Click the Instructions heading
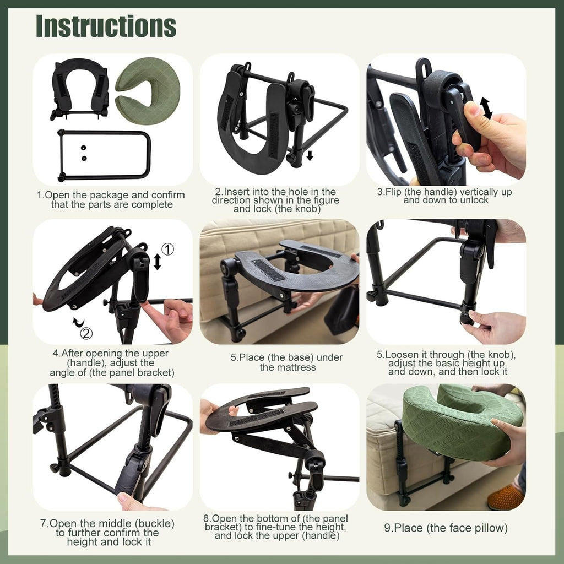106,26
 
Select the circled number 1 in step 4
167,249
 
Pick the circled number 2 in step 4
86,333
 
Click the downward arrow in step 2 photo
310,155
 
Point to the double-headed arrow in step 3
486,108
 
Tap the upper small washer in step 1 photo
84,148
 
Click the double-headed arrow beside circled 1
157,262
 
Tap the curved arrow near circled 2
78,322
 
